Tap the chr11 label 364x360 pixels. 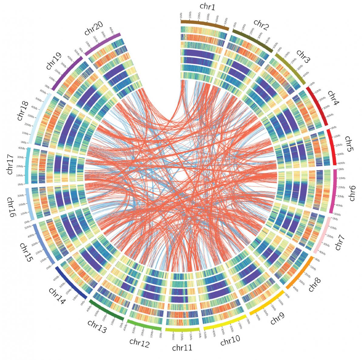coord(182,348)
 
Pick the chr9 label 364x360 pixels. coord(277,319)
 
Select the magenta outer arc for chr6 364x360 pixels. coord(334,191)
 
